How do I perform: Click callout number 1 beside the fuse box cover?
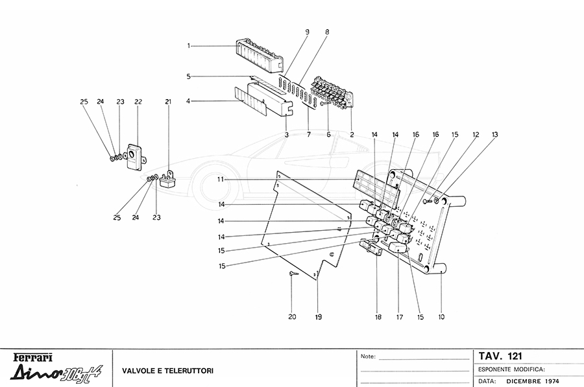click(x=189, y=46)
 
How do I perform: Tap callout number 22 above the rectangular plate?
click(x=138, y=102)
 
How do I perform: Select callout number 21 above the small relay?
click(x=168, y=102)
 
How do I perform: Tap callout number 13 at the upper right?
click(x=494, y=134)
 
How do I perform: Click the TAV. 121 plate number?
click(x=500, y=356)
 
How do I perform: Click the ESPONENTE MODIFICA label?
click(x=511, y=369)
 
